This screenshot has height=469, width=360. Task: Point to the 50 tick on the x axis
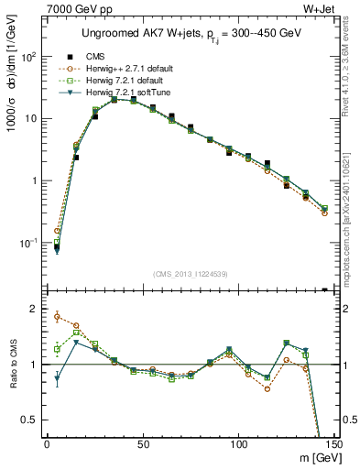143,445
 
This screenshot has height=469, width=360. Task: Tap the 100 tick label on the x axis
238,445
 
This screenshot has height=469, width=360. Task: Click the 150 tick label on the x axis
333,445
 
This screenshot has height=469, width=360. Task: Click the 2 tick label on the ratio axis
35,309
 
